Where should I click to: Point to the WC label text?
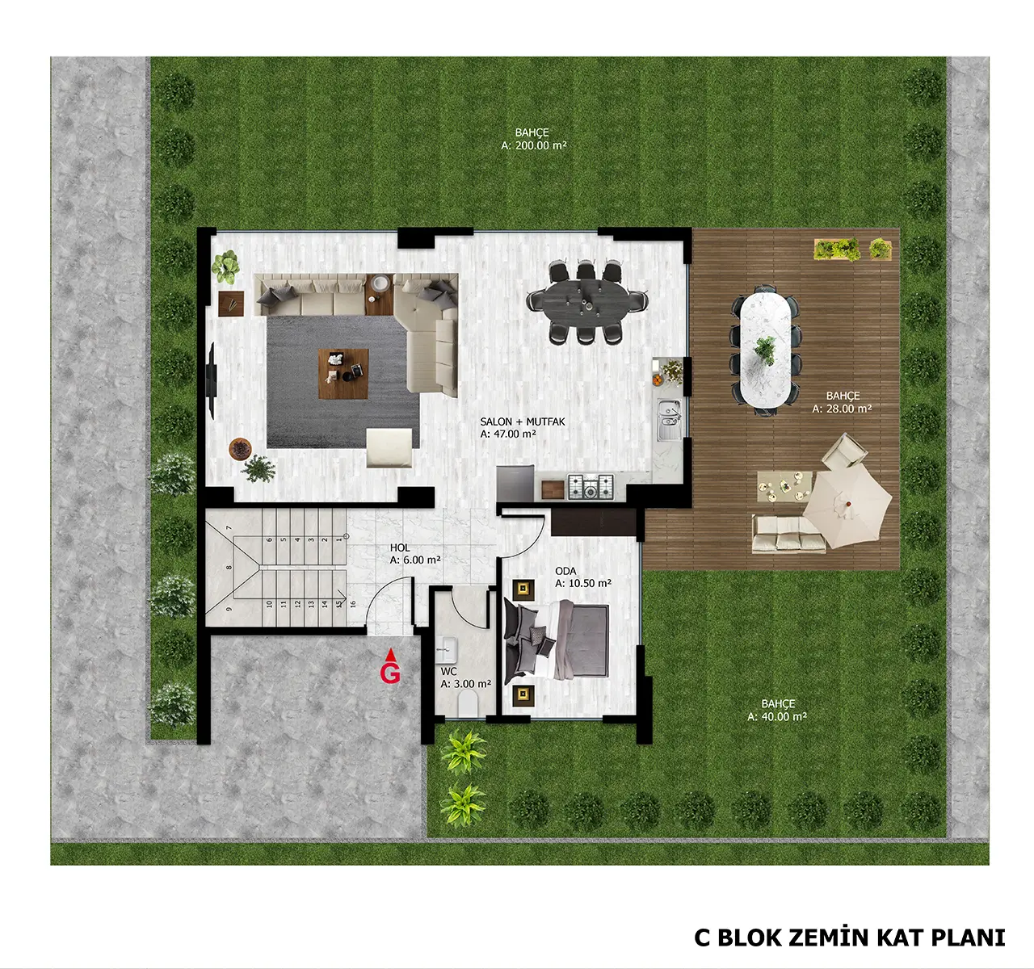pos(448,672)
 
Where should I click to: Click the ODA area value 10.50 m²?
pos(583,583)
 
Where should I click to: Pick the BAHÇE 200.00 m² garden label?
pos(534,139)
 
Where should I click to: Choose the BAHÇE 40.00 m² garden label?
pos(777,711)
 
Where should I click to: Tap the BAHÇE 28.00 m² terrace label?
pos(842,402)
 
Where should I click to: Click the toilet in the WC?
pos(468,704)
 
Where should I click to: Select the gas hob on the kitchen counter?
pos(590,487)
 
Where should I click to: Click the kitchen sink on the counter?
pos(669,419)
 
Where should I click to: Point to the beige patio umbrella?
pos(847,505)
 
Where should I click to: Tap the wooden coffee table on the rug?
pos(343,374)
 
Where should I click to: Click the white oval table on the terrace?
pos(766,350)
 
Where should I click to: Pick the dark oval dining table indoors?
pos(587,302)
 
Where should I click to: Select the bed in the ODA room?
pos(556,640)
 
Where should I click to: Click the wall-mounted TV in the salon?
pos(212,381)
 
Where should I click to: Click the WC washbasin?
pos(446,649)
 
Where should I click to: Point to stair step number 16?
pos(352,604)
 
